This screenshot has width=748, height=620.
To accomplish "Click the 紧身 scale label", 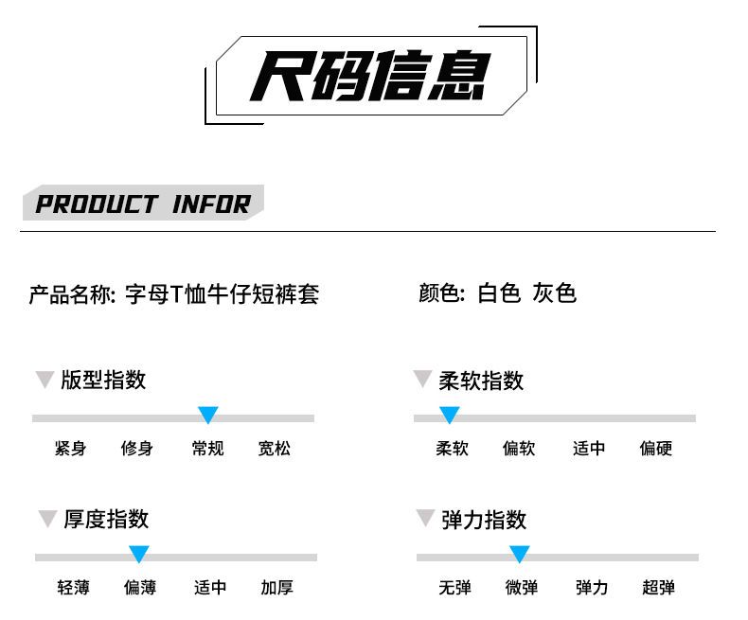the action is coord(71,449).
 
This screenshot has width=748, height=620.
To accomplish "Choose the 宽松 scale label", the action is coord(275,449).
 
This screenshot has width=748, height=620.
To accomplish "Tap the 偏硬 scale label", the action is coord(656,449).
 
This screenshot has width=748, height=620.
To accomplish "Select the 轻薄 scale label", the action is coord(74,588).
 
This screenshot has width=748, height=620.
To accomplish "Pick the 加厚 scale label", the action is coord(277,588).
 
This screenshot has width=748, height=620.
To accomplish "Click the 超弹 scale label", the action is coord(659,588).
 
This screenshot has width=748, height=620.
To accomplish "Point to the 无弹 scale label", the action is coord(455,588).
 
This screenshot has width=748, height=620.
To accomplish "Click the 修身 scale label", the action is coord(137,449).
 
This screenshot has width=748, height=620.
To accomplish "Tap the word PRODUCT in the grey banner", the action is coord(97,204).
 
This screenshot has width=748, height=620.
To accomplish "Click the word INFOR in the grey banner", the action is coord(211,204).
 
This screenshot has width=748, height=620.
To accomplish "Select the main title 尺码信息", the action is coord(370,76).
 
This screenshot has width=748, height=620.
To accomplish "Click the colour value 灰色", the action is coord(554,292).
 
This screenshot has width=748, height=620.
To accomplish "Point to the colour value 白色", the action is coord(498,292).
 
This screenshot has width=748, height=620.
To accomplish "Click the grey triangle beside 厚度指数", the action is coord(47,519).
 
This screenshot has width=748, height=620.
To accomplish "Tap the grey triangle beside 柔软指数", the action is coord(422,380).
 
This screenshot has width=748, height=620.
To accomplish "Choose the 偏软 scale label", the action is coord(519,449).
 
